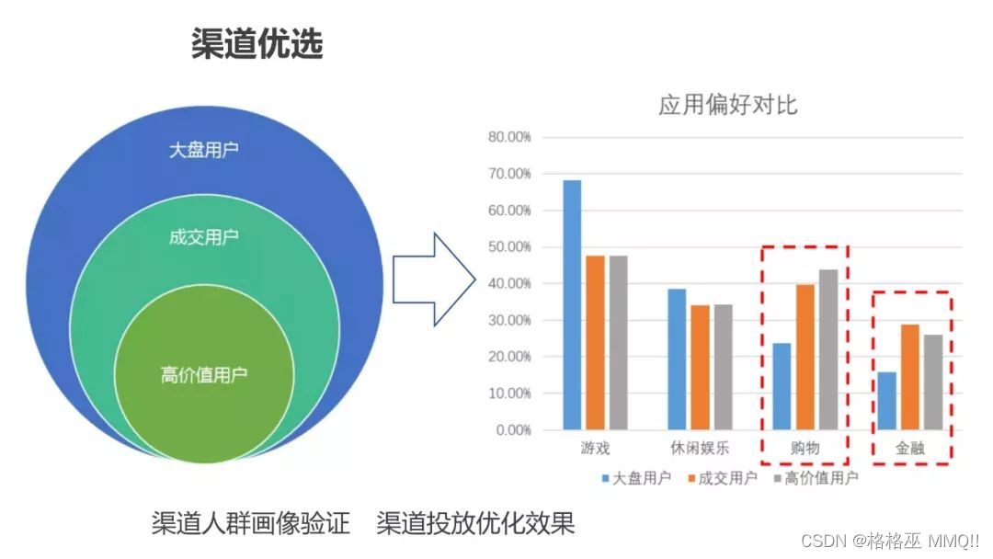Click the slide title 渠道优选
pos(257,43)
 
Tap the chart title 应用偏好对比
pos(727,105)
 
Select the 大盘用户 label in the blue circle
pos(204,150)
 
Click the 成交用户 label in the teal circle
pos(204,237)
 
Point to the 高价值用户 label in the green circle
pos(204,375)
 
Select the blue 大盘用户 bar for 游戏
pos(572,304)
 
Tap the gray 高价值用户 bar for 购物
pos(828,349)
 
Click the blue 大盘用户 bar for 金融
pos(886,401)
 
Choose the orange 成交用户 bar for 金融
pos(910,377)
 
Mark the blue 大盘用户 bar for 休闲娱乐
pos(677,359)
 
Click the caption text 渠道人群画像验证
pos(251,524)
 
